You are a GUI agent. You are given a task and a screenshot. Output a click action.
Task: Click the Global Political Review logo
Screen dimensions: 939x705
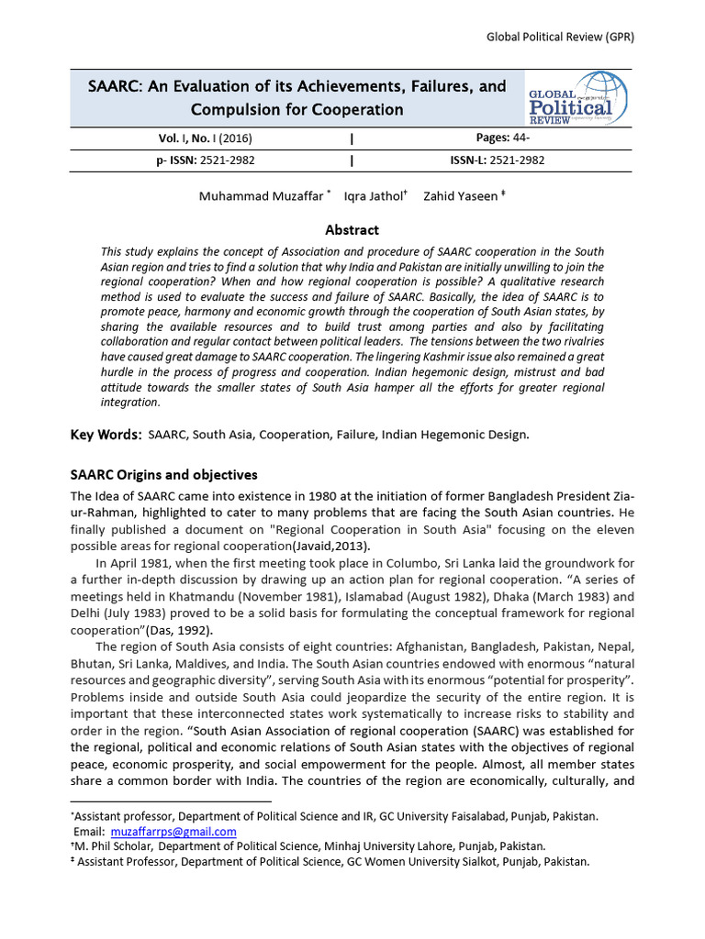pos(576,100)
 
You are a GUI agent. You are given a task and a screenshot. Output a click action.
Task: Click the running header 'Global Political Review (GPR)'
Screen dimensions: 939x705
pos(560,37)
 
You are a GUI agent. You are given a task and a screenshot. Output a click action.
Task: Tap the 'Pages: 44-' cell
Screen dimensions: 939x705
pos(496,138)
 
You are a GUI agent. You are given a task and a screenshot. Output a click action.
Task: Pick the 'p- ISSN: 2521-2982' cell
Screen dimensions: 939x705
pos(207,160)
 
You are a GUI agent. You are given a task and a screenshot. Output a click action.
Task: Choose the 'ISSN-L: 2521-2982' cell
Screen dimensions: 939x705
pos(497,160)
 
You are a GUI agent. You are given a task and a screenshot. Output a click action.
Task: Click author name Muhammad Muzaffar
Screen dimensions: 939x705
pos(261,196)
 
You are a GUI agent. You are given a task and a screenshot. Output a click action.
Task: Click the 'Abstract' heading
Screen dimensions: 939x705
pos(352,230)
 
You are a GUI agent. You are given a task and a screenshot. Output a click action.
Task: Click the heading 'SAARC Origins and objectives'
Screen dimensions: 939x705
pos(164,475)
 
